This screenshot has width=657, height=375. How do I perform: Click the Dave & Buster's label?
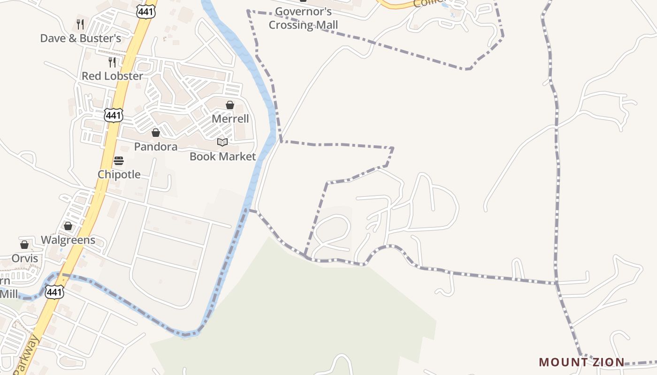point(80,38)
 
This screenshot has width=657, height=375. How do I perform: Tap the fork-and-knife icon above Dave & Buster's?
point(80,24)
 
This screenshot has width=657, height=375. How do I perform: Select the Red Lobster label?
point(112,76)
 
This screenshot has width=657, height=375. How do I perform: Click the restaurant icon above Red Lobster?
point(112,62)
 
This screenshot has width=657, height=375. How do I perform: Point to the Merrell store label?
point(230,119)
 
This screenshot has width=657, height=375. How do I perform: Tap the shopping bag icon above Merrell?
point(230,105)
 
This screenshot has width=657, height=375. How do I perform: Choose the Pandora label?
point(156,147)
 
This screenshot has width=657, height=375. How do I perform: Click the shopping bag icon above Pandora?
point(156,133)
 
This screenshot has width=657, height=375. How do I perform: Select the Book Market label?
point(222,156)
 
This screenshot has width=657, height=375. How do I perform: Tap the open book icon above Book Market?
point(222,142)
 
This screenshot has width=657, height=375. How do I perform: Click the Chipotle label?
point(119,174)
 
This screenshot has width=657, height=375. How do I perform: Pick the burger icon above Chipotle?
point(119,161)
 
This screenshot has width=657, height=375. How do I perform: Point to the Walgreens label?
point(68,240)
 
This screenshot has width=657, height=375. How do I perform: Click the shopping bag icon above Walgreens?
point(68,226)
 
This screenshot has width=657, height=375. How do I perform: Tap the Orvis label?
point(24,258)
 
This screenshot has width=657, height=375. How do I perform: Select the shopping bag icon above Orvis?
point(24,245)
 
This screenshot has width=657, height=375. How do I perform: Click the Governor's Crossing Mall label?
point(303,18)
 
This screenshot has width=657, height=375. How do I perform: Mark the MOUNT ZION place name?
point(581,362)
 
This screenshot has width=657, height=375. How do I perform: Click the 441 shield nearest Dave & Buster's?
point(146,11)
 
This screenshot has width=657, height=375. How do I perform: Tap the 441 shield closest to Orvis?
point(54,292)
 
